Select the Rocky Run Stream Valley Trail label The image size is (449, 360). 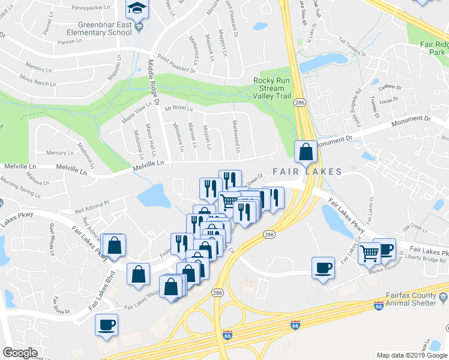tap(277, 89)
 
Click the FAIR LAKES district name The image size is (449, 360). tap(307, 172)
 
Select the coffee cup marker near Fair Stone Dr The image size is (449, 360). tap(107, 325)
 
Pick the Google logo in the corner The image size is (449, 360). tap(20, 353)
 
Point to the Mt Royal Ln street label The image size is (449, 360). tap(179, 109)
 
